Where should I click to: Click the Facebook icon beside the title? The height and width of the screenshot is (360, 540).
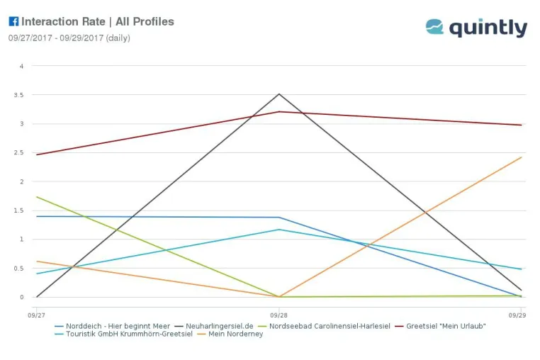pyautogui.click(x=13, y=21)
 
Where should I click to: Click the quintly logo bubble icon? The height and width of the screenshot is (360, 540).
pyautogui.click(x=434, y=26)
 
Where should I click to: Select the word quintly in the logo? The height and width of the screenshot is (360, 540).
pyautogui.click(x=488, y=28)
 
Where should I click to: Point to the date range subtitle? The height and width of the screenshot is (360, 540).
pyautogui.click(x=69, y=38)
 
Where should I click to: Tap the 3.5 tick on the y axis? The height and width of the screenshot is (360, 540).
pyautogui.click(x=18, y=95)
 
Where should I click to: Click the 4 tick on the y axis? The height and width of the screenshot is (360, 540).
pyautogui.click(x=22, y=66)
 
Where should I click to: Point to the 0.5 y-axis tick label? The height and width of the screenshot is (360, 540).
pyautogui.click(x=18, y=269)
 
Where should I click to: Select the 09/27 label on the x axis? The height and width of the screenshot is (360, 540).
pyautogui.click(x=37, y=315)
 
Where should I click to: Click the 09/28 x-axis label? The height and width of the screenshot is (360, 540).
pyautogui.click(x=279, y=315)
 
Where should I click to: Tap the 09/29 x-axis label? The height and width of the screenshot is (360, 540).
pyautogui.click(x=517, y=315)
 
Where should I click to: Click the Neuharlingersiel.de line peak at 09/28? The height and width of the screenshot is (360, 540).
pyautogui.click(x=279, y=94)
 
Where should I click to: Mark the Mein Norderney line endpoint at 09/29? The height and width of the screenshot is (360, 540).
pyautogui.click(x=522, y=157)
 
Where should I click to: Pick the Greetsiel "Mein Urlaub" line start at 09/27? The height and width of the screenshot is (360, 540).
pyautogui.click(x=37, y=154)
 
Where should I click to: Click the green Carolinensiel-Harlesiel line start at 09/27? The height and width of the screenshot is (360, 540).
pyautogui.click(x=37, y=197)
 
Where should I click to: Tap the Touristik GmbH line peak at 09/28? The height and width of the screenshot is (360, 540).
pyautogui.click(x=279, y=230)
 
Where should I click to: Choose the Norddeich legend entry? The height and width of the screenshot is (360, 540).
pyautogui.click(x=112, y=326)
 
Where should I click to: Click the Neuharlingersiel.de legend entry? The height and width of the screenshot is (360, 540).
pyautogui.click(x=214, y=326)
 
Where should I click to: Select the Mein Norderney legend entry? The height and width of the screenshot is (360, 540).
pyautogui.click(x=230, y=334)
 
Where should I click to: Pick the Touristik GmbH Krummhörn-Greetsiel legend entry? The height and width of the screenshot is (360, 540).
pyautogui.click(x=123, y=334)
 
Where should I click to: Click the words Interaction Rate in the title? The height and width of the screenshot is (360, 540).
pyautogui.click(x=63, y=21)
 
